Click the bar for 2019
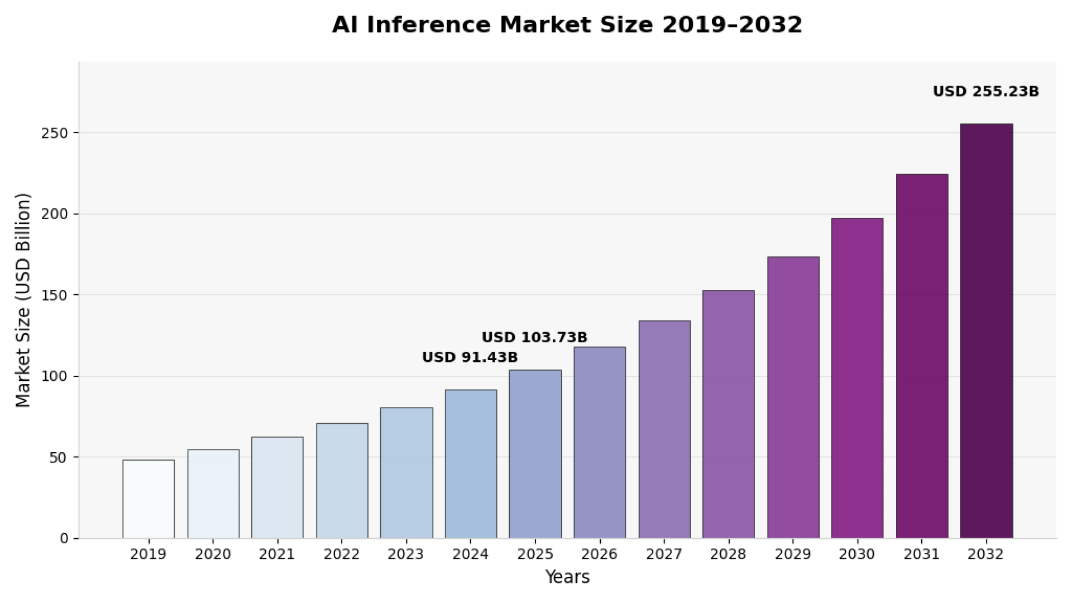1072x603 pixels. click(149, 499)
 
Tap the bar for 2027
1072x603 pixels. click(664, 429)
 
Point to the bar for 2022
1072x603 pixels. click(342, 481)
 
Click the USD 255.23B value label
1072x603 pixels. click(985, 92)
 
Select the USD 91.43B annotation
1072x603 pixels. click(470, 357)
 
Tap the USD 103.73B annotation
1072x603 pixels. click(534, 338)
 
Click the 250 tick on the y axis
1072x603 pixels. click(54, 133)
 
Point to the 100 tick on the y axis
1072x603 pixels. click(54, 376)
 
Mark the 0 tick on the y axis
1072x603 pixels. click(64, 539)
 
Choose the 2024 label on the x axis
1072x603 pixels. click(470, 554)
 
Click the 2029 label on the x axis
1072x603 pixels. click(793, 554)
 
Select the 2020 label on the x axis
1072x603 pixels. click(213, 554)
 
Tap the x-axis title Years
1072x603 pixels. click(567, 577)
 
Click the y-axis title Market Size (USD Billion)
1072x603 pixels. click(23, 300)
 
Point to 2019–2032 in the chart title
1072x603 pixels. click(732, 25)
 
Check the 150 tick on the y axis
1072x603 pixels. click(54, 295)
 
